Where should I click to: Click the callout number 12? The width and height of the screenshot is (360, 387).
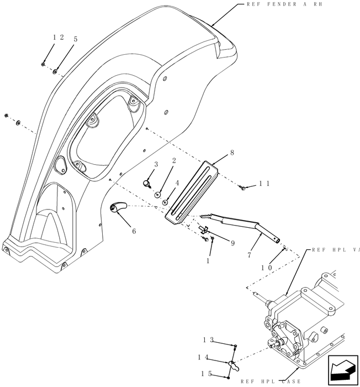58,37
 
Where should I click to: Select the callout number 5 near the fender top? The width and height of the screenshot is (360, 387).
75,39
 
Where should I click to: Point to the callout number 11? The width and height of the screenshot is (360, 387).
264,184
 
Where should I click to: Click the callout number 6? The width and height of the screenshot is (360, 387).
133,232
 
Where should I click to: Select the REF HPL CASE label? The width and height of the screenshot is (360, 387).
270,381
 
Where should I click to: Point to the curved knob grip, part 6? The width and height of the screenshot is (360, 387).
117,207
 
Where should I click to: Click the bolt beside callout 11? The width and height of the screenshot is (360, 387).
243,189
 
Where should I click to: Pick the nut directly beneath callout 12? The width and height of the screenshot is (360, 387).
44,64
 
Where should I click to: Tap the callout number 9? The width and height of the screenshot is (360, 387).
217,242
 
